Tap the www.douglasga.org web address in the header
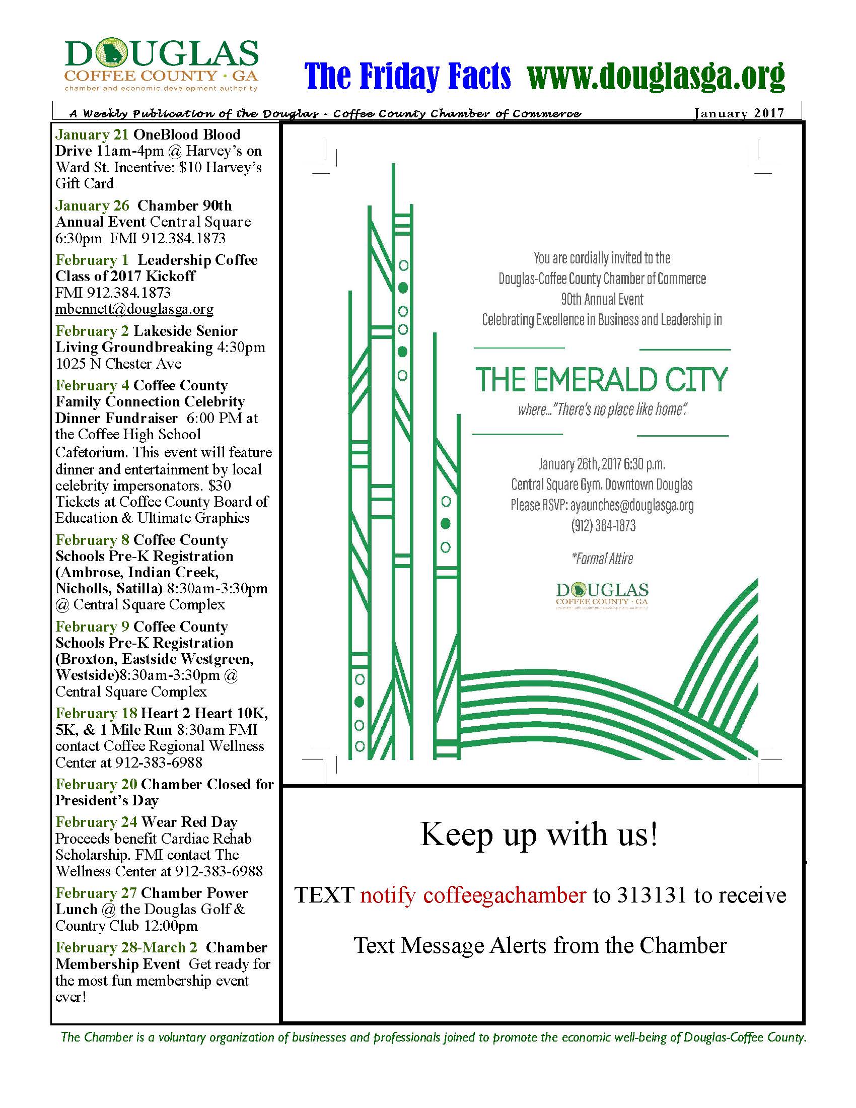[656, 76]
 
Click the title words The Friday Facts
[407, 76]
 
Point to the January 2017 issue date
[738, 113]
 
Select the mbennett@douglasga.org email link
[134, 309]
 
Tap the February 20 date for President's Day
[96, 784]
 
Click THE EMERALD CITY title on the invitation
[601, 380]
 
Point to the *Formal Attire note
[602, 559]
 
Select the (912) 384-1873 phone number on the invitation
[603, 526]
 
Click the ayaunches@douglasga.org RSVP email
[632, 505]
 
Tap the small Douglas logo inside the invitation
[602, 595]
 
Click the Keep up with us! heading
[540, 834]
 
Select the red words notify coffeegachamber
[473, 895]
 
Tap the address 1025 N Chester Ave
[118, 364]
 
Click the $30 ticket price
[219, 486]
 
